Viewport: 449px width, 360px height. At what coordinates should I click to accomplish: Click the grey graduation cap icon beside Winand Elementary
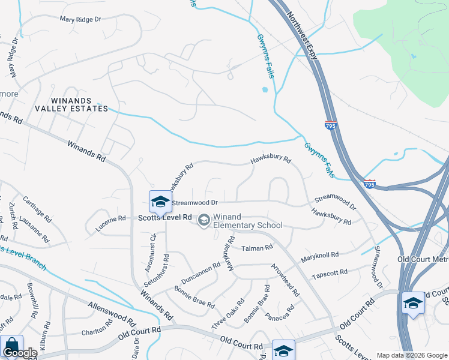[204, 221]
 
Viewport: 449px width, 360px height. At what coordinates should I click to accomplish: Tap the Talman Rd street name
[257, 247]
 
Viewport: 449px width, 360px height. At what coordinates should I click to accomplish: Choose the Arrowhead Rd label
[285, 280]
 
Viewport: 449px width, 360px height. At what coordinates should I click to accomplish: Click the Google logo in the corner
[19, 353]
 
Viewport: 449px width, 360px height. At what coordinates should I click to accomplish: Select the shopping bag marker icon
[11, 346]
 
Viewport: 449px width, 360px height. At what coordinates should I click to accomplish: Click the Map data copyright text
[412, 355]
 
